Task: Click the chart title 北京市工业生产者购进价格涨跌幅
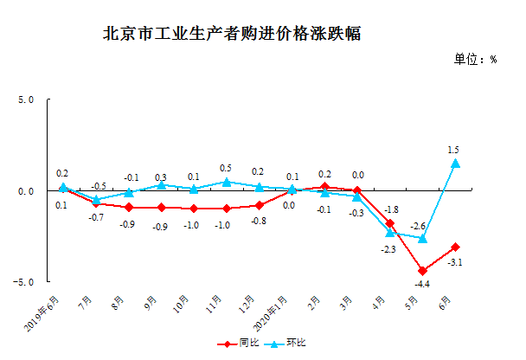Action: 231,35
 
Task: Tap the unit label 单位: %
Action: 475,60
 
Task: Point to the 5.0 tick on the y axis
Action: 23,100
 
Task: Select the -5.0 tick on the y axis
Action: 22,282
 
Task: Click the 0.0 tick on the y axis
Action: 24,191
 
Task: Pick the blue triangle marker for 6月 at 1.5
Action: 455,163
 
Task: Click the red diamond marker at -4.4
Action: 422,271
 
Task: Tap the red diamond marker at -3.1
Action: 455,247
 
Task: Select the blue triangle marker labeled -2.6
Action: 422,238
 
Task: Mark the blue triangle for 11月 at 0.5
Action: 226,182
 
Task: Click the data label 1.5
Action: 453,150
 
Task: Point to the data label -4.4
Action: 422,284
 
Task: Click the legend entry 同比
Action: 246,344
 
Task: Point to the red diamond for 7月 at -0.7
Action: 95,204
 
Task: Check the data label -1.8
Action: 390,210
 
